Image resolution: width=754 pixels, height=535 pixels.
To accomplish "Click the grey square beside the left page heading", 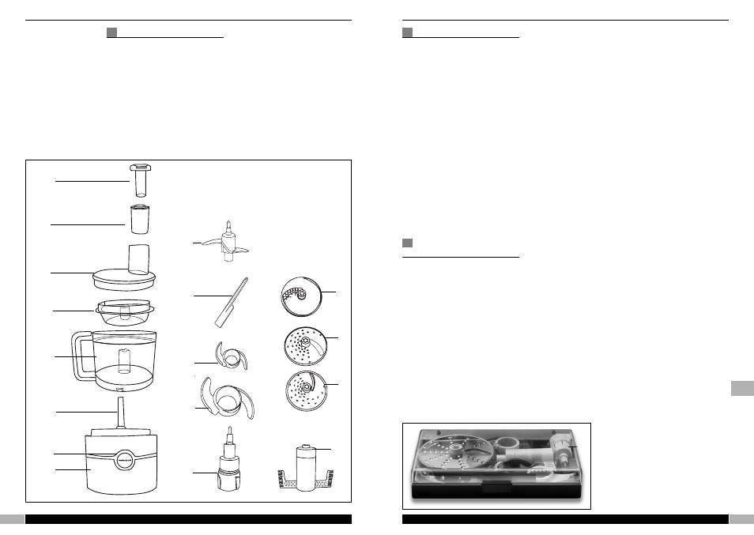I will (x=112, y=32).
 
